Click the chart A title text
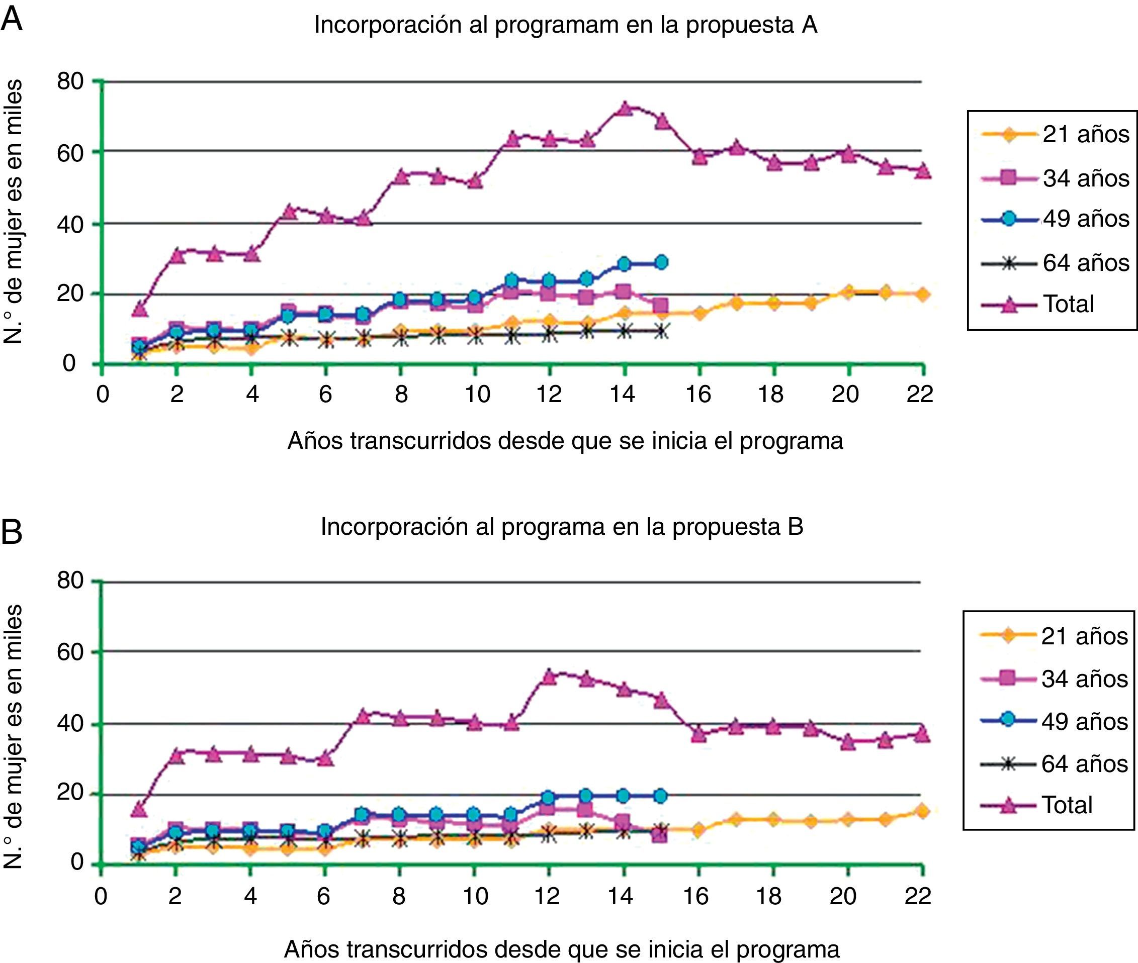[565, 25]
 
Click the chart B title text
[562, 527]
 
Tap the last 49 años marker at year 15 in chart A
[661, 262]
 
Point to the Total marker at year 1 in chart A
[140, 309]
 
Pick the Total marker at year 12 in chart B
[549, 677]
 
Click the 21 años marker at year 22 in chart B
[921, 811]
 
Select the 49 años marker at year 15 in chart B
[660, 796]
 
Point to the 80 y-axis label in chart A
[70, 82]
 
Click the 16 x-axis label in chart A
[698, 394]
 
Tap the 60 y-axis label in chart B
[70, 652]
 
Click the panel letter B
[12, 532]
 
